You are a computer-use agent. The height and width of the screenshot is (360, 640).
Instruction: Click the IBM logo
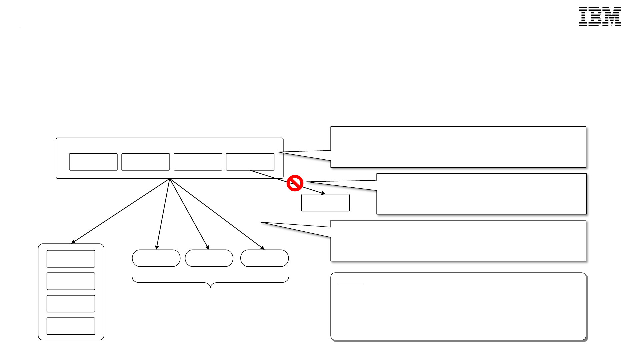pos(600,16)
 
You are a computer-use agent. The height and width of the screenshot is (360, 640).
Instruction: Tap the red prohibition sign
pos(295,183)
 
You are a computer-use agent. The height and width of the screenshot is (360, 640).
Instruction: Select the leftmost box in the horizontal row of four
pos(93,162)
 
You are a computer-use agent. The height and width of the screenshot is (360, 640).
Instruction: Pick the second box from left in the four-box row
pos(146,162)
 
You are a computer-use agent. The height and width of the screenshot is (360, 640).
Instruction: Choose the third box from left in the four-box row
pos(198,162)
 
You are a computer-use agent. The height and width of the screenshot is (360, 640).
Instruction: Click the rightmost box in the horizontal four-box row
pos(250,162)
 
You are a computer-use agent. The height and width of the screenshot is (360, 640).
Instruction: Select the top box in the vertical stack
pos(71,259)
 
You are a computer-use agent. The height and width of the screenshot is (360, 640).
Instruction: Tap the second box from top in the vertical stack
pos(71,281)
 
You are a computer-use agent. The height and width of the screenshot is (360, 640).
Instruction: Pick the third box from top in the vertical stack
pos(71,304)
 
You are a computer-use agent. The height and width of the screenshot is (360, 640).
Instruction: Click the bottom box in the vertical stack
pos(71,326)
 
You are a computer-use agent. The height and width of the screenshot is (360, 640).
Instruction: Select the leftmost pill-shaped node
pos(156,258)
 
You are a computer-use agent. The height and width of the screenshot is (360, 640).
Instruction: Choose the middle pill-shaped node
pos(209,258)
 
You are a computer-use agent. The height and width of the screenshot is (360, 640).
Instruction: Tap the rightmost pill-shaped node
pos(264,258)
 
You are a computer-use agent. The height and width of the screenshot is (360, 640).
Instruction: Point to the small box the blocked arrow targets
pos(325,203)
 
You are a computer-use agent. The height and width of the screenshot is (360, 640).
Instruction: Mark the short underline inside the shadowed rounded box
pos(350,284)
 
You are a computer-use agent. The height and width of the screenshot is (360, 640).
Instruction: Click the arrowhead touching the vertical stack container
pos(73,242)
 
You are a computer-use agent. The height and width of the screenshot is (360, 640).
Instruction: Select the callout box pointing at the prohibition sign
pos(481,194)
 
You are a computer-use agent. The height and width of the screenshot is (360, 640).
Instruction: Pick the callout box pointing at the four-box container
pos(458,147)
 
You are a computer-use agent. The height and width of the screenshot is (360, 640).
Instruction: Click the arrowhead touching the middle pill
pos(207,247)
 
